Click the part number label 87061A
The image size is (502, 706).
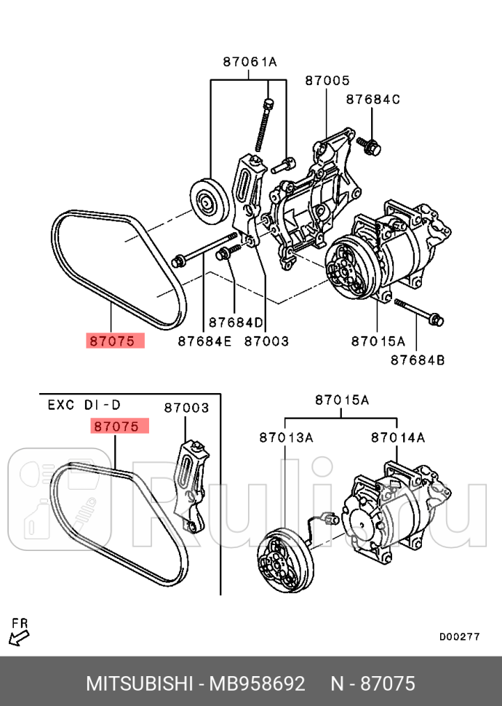250,63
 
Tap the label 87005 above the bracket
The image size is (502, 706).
327,81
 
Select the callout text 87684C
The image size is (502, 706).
372,99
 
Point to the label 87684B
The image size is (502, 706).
416,359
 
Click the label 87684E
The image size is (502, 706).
204,340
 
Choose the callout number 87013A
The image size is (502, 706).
286,437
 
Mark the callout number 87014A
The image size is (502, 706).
397,437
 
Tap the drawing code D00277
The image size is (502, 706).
459,635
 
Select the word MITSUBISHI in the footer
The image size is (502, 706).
138,684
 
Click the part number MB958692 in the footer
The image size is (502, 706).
258,684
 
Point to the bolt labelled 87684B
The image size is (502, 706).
420,312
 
